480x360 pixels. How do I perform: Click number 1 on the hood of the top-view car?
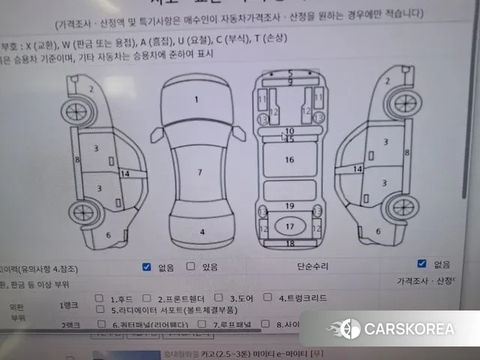196,99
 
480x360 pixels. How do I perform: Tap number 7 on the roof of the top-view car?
199,172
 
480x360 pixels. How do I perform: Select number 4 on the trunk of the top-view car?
202,232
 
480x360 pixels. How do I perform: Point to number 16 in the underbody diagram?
289,160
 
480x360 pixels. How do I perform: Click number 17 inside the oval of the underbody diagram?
289,226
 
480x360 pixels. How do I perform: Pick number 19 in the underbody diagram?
289,205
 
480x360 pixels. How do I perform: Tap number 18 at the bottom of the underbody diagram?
289,244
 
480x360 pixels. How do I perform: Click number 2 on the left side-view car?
91,88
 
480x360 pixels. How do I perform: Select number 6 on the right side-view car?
378,231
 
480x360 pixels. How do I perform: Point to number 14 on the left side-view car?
124,174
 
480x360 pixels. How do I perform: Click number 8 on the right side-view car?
406,152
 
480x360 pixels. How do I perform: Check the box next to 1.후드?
100,298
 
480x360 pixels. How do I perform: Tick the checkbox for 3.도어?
219,298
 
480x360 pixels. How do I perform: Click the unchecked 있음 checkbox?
190,265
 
